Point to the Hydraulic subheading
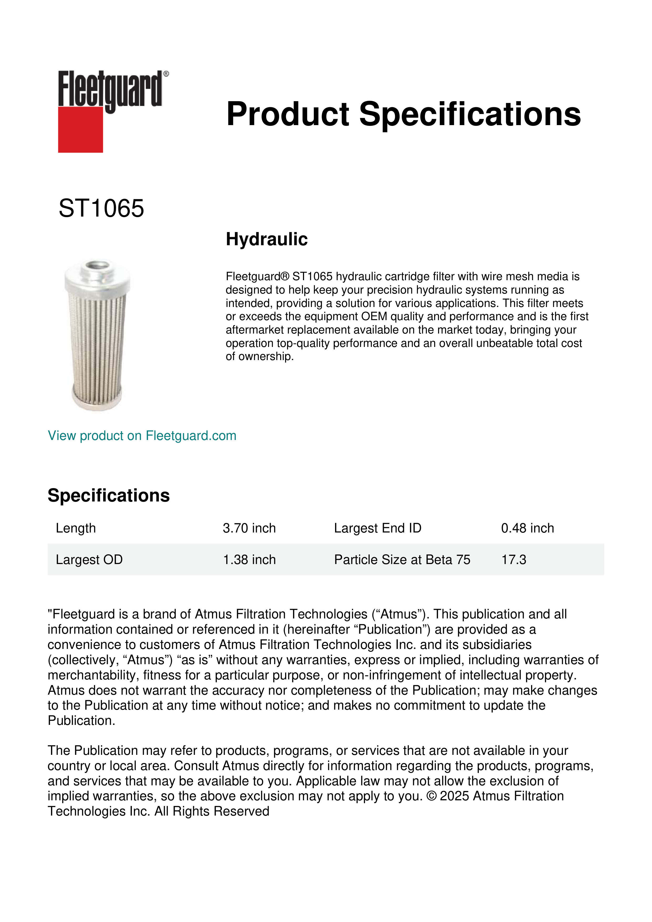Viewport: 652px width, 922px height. click(x=266, y=239)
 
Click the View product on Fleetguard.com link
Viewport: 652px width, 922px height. click(x=142, y=436)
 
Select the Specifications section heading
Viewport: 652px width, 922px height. click(x=108, y=495)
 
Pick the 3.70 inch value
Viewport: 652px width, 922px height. click(x=249, y=528)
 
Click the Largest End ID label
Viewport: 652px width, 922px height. click(x=377, y=528)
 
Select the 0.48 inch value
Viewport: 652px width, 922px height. click(x=527, y=528)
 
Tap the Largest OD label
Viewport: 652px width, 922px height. click(x=89, y=559)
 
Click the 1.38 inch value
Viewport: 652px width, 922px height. click(x=249, y=559)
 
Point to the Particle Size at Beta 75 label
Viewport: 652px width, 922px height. click(x=402, y=559)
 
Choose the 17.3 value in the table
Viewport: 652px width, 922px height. click(x=514, y=559)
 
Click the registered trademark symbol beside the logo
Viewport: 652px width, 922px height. click(x=166, y=74)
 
